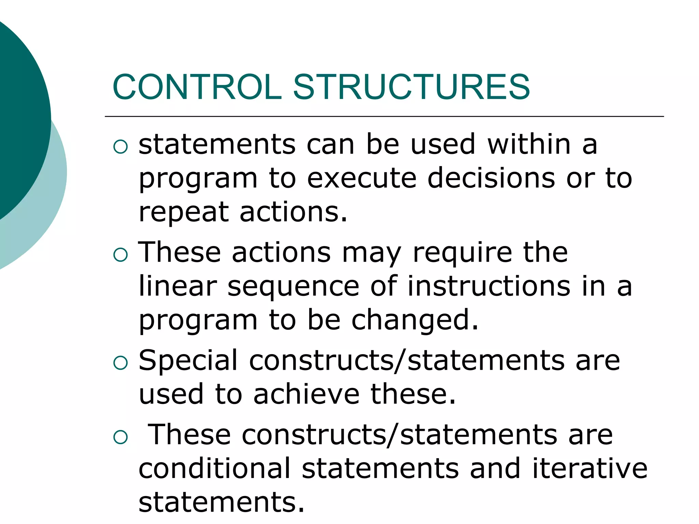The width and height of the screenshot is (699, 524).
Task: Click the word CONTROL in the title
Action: pyautogui.click(x=197, y=87)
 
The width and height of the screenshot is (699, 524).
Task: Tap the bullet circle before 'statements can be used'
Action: pyautogui.click(x=120, y=147)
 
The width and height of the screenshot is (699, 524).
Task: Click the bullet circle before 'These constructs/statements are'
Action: pyautogui.click(x=120, y=437)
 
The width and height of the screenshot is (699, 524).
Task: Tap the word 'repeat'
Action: pyautogui.click(x=184, y=213)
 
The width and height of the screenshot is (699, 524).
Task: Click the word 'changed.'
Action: pyautogui.click(x=415, y=321)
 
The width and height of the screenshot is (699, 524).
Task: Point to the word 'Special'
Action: pyautogui.click(x=188, y=361)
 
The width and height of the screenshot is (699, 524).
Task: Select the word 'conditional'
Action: pyautogui.click(x=214, y=468)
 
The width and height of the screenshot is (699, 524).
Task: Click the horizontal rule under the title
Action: pyautogui.click(x=384, y=117)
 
